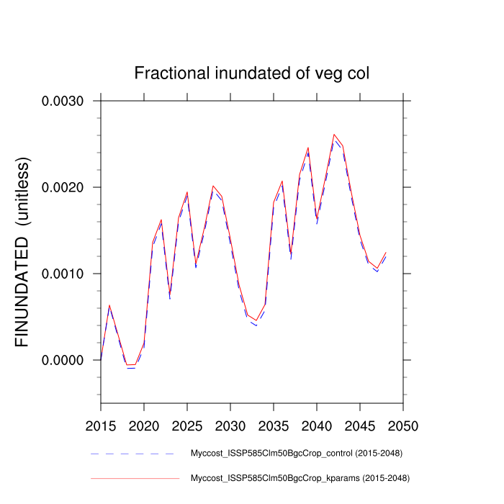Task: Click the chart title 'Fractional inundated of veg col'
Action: tap(252, 73)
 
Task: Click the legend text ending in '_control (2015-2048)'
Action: tap(296, 454)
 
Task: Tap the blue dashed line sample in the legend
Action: tap(133, 454)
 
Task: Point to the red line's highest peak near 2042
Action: tap(334, 135)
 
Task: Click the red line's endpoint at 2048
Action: tap(386, 253)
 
